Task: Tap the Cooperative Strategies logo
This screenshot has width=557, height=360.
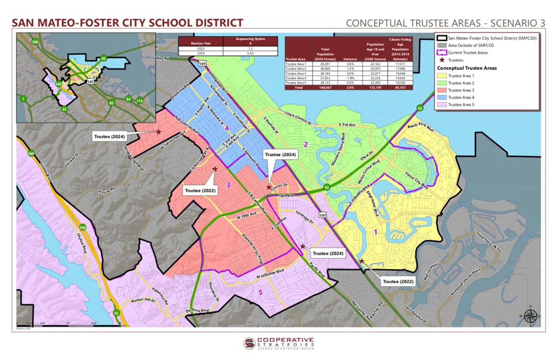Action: pyautogui.click(x=278, y=344)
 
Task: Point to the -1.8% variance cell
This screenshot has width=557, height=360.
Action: pyautogui.click(x=348, y=78)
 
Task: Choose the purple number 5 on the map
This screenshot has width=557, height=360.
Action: pyautogui.click(x=260, y=292)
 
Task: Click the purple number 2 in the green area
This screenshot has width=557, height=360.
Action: pyautogui.click(x=305, y=144)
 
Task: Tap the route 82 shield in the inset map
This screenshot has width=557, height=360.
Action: pyautogui.click(x=111, y=102)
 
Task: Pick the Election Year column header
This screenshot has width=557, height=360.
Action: pyautogui.click(x=200, y=43)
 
